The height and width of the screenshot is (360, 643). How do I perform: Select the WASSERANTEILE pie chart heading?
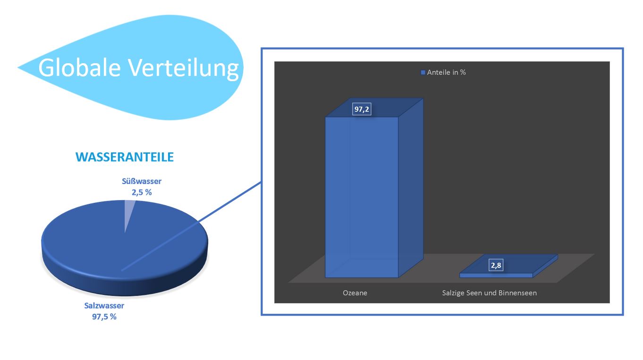pyautogui.click(x=125, y=157)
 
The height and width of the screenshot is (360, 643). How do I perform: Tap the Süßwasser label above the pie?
pyautogui.click(x=142, y=181)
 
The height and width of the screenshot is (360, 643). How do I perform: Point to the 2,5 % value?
pyautogui.click(x=142, y=192)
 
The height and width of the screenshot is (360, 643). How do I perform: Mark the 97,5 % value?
pyautogui.click(x=104, y=317)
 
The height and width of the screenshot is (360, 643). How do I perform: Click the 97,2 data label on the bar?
pyautogui.click(x=362, y=109)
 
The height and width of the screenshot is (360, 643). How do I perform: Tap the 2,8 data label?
pyautogui.click(x=496, y=266)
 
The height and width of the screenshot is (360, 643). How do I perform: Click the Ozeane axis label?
pyautogui.click(x=355, y=293)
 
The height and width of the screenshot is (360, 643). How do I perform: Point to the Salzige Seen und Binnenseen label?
pyautogui.click(x=489, y=293)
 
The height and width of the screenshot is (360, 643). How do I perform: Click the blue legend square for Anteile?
pyautogui.click(x=423, y=73)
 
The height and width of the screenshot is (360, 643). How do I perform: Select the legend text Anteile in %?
pyautogui.click(x=447, y=73)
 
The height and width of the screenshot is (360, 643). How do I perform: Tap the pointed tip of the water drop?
pyautogui.click(x=20, y=67)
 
